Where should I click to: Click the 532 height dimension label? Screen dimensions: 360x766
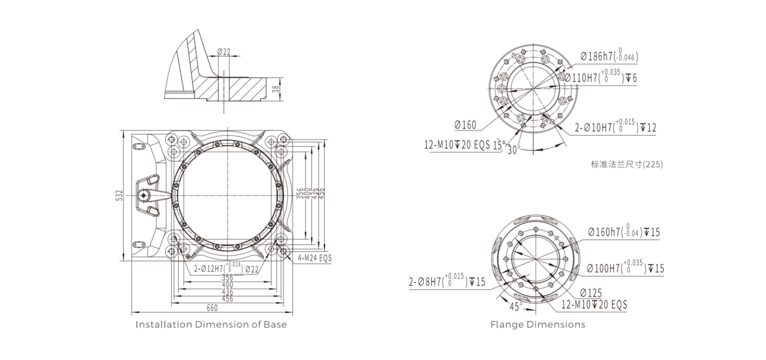(x=119, y=196)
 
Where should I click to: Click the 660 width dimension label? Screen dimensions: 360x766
(x=212, y=308)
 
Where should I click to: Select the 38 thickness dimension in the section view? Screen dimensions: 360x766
(x=275, y=88)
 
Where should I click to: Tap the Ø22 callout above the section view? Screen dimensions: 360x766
(x=224, y=52)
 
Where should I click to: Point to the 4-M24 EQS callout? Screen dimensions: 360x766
(x=314, y=258)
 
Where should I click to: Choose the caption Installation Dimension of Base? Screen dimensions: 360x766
(x=211, y=324)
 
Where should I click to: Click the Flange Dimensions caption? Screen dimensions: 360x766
(x=537, y=324)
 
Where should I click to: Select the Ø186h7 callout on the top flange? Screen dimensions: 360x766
(x=609, y=56)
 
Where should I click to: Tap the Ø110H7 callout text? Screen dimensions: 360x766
(x=601, y=77)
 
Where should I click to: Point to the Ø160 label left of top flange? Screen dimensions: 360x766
(x=465, y=125)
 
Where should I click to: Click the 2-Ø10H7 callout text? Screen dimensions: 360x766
(x=615, y=127)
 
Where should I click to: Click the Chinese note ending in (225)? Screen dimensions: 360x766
(x=627, y=165)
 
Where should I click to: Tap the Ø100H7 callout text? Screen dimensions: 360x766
(x=625, y=268)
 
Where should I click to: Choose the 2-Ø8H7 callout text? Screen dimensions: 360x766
(x=447, y=281)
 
